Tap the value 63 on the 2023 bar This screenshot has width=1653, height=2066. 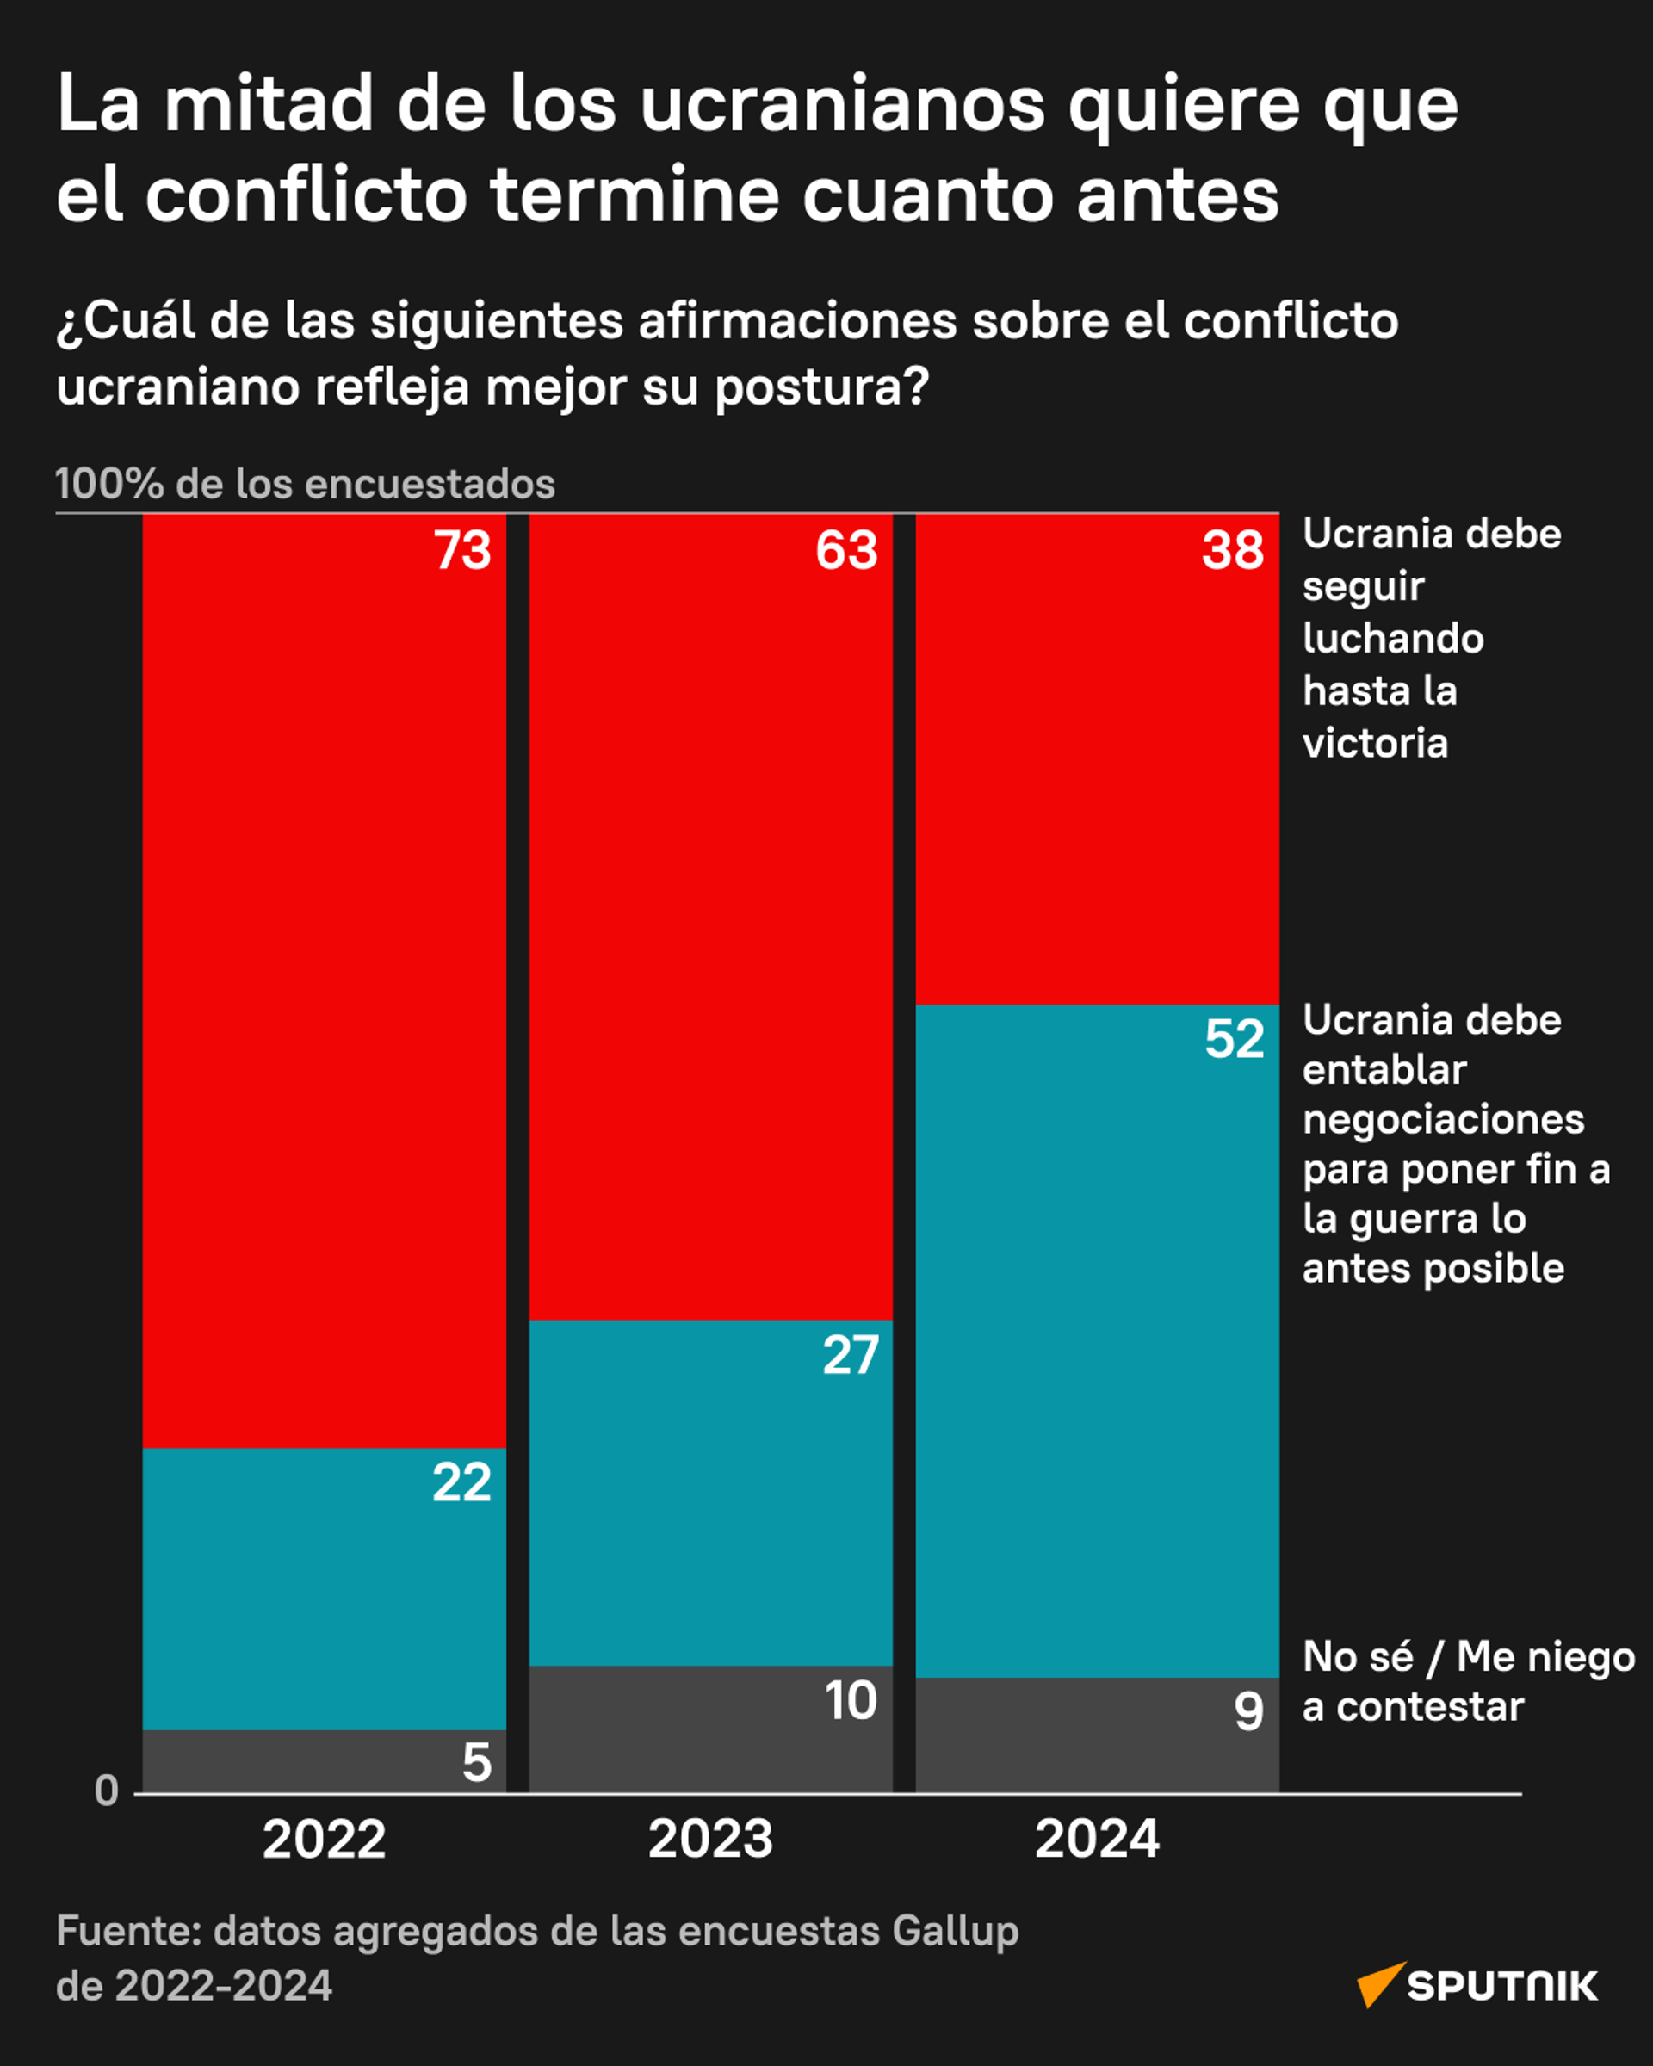846,550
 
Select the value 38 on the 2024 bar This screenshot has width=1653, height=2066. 1232,550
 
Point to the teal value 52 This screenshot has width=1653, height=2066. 1235,1039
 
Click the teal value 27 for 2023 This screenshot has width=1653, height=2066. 850,1355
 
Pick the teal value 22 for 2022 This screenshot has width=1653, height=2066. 461,1482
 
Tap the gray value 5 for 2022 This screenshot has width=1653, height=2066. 476,1762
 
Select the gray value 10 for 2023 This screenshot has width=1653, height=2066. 850,1701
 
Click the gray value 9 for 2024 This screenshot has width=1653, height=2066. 1247,1711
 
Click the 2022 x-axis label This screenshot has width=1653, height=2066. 324,1839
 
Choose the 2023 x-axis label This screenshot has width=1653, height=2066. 710,1839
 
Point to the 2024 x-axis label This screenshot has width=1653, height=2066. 1096,1839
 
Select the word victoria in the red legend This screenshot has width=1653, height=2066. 1374,744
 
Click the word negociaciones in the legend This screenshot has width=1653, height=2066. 1442,1119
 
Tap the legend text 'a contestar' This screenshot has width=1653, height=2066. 1413,1707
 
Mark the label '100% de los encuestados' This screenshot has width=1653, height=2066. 305,484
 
